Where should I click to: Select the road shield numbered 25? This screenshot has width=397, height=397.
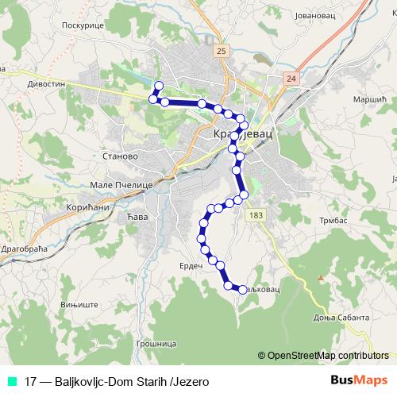point(221,49)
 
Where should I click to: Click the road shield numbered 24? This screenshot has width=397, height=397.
point(291,79)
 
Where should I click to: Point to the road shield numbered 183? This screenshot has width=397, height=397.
point(256,215)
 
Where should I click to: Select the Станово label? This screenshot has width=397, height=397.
point(121,156)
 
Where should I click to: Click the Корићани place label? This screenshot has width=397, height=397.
point(79,204)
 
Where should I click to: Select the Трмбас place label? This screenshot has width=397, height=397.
point(334,219)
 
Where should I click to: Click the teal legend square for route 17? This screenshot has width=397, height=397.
point(10,381)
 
